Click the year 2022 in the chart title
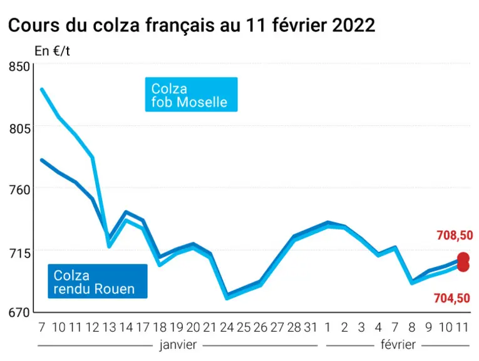coord(353,25)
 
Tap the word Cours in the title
coord(34,25)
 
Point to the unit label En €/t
coord(52,51)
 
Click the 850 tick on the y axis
coord(19,66)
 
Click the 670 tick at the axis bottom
coord(19,313)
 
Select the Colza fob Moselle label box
coord(191,95)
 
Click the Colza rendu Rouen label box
coord(98,281)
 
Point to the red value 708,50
coord(455,236)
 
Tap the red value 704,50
coord(452,298)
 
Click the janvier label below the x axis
coord(178,345)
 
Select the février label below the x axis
coord(398,345)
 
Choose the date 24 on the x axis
coord(227,327)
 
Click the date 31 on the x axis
coord(311,327)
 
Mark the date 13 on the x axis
coord(110,327)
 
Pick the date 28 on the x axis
coord(294,327)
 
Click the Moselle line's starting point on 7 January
coord(42,89)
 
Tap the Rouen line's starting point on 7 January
coord(42,160)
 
